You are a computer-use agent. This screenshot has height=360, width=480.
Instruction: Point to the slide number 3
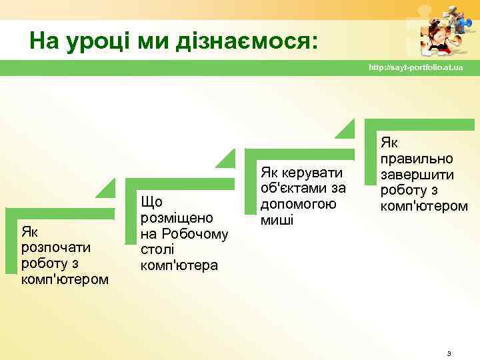(x=449, y=353)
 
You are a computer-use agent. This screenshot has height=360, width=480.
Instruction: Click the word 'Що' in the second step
(x=151, y=202)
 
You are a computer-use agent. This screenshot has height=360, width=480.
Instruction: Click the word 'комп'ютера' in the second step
(x=179, y=265)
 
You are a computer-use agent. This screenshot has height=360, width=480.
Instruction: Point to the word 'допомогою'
(x=298, y=204)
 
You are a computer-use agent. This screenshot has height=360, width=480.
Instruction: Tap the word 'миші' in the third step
(x=277, y=220)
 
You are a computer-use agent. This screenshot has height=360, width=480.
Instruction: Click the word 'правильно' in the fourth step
(x=416, y=159)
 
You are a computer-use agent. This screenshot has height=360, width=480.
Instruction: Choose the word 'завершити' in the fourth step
(x=417, y=175)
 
